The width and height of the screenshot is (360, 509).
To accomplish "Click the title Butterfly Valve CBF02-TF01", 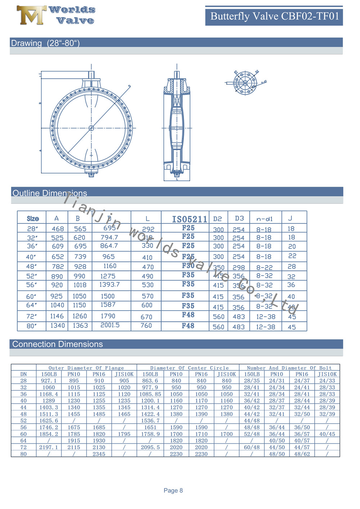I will pos(274,16).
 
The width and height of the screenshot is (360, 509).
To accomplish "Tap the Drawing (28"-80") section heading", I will pos(45,43).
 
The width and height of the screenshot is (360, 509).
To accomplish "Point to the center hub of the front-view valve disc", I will pos(91,128).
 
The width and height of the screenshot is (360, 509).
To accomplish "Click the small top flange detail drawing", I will pos(245,83).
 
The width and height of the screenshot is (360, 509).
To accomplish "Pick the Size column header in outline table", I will pos(33,219).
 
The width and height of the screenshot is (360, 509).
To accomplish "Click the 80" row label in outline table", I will pos(32,326).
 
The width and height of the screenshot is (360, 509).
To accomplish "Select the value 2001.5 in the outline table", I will pos(110,325).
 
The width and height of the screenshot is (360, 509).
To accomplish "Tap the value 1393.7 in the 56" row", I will pos(109,284).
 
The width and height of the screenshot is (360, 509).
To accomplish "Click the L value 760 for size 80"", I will pos(146,325).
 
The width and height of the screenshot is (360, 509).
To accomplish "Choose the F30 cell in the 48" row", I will pos(188,266).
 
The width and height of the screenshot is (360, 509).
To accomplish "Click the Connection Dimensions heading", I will pos(58,344).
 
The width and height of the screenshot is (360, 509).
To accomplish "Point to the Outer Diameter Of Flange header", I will pos(86,368).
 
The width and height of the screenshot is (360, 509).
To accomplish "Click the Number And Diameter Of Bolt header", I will pos(289,368).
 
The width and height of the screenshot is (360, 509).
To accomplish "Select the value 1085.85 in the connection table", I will pos(150,394).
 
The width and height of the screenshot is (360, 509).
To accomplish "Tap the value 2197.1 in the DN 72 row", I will pos(49,447).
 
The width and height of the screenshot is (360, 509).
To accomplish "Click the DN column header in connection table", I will pos(23,374).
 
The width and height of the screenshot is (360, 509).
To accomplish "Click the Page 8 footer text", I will pos(173,490).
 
